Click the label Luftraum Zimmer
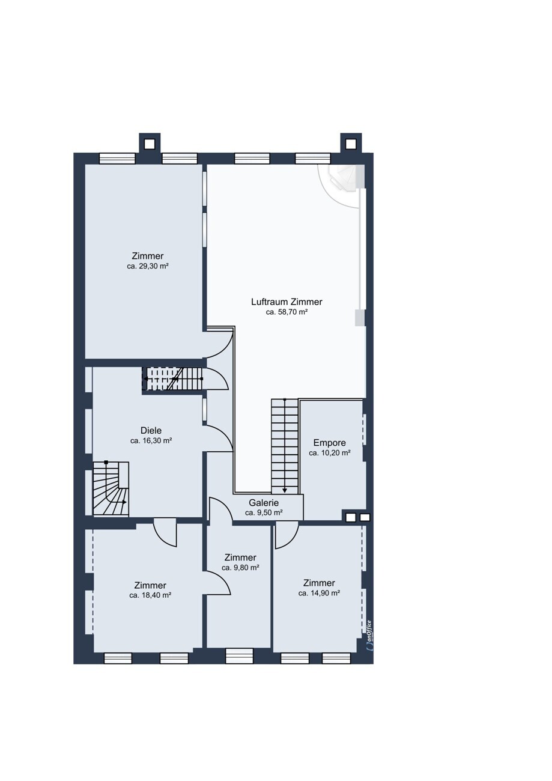click(x=287, y=302)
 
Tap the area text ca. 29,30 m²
click(x=148, y=266)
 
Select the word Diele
click(x=151, y=431)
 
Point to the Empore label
click(x=329, y=443)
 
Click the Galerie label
click(x=264, y=503)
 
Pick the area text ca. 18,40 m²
click(x=150, y=595)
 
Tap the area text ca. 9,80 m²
click(x=240, y=568)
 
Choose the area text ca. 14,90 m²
click(x=319, y=593)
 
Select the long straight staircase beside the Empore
click(x=285, y=446)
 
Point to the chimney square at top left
click(x=150, y=144)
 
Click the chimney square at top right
click(x=351, y=144)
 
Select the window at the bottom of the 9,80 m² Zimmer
click(x=238, y=656)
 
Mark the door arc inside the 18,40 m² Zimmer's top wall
click(x=165, y=535)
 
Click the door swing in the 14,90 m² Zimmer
click(x=286, y=535)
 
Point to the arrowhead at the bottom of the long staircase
click(x=285, y=491)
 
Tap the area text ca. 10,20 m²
click(x=329, y=453)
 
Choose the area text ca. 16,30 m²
click(x=151, y=441)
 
